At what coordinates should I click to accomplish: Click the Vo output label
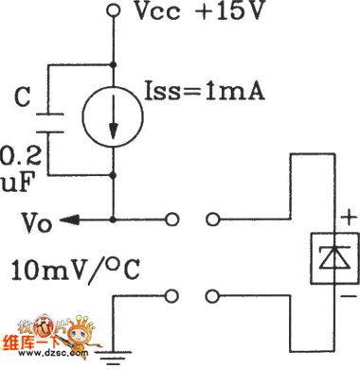30,223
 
